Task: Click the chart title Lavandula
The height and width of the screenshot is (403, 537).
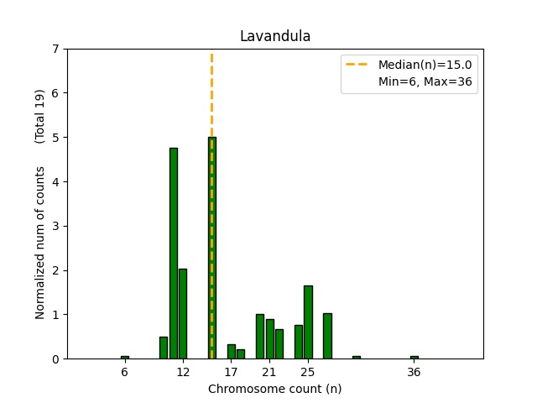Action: point(275,36)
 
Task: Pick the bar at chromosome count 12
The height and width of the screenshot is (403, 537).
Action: point(183,314)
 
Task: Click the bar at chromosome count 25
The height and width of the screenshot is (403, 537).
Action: point(308,322)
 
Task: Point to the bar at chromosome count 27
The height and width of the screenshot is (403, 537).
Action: point(327,336)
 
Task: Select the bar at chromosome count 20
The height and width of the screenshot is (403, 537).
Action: point(260,337)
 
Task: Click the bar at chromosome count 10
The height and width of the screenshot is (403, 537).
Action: point(164,348)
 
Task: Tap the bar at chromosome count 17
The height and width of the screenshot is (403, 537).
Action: point(232,352)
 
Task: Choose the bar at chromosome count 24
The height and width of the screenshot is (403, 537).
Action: point(299,342)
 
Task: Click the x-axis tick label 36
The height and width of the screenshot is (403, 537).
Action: point(414,372)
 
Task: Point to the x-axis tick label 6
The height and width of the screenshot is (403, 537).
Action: point(125,372)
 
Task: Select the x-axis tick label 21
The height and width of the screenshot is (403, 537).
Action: point(269,372)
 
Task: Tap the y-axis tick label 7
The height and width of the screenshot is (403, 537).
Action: point(55,49)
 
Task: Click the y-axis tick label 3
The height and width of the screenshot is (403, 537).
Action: point(55,226)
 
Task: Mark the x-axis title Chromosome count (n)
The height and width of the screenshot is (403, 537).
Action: point(275,389)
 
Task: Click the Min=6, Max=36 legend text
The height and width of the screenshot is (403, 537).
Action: point(427,82)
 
